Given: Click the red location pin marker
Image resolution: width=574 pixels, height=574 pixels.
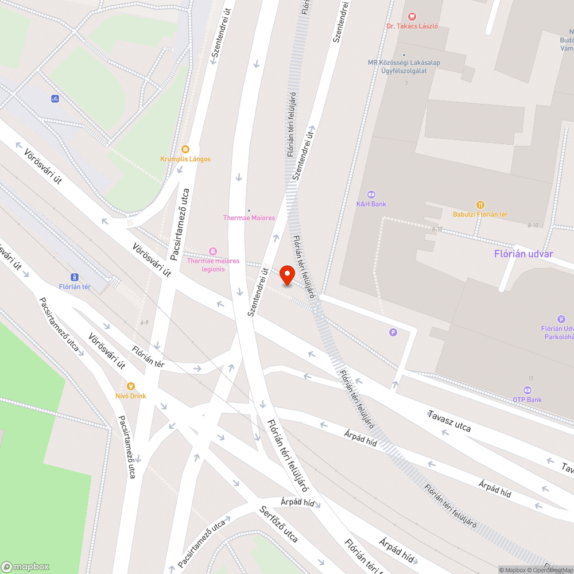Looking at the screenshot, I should [287, 276].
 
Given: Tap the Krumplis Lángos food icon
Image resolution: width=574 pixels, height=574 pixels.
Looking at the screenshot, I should [185, 149].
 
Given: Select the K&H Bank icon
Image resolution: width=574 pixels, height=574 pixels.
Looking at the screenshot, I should [371, 194].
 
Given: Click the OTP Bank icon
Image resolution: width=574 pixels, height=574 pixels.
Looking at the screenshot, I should [528, 390].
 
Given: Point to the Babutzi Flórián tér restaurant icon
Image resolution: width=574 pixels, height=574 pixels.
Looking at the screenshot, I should [480, 205].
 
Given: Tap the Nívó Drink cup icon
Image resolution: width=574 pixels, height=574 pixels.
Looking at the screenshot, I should [130, 386].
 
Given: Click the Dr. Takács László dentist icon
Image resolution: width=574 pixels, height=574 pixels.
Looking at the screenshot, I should [412, 17].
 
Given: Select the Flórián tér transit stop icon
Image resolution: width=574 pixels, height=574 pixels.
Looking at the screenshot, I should [75, 277].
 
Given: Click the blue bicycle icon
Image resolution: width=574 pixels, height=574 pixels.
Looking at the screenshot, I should [55, 98].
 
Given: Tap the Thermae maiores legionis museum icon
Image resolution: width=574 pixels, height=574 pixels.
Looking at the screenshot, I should [213, 251].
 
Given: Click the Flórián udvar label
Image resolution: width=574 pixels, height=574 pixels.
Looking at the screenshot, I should [523, 254].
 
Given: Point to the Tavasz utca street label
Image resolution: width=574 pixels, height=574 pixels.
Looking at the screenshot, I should [449, 421].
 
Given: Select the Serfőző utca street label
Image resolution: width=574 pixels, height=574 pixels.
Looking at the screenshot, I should [278, 524].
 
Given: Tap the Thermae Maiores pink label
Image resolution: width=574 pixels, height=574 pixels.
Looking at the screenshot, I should [249, 218].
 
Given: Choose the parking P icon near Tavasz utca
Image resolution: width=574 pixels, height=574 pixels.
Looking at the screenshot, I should [393, 332].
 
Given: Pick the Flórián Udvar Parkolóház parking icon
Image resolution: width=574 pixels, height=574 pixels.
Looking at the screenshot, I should [561, 319].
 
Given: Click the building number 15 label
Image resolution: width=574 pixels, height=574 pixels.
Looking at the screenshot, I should [532, 378].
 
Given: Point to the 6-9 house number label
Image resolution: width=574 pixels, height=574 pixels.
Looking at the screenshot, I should [144, 323].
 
